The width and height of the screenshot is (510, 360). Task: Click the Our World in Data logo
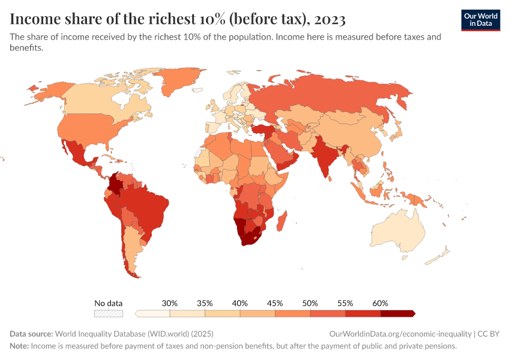481,20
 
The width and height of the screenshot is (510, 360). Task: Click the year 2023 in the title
328,19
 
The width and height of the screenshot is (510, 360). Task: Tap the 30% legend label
170,303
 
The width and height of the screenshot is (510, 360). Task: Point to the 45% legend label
275,303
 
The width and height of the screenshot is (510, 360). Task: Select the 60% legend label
380,303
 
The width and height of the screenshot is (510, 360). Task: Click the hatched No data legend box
108,313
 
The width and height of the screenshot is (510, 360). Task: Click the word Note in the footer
19,346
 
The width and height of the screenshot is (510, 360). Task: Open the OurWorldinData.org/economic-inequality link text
400,334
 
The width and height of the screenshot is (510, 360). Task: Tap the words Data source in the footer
31,334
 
